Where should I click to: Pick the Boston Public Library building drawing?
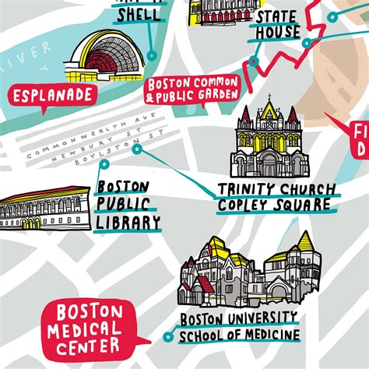(x=41, y=211)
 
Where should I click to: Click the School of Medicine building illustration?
(x=248, y=272)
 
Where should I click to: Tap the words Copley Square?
(x=277, y=206)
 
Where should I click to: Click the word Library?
(x=128, y=223)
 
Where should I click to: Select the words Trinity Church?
(x=277, y=189)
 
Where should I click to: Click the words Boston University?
(x=239, y=318)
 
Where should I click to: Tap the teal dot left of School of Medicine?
(x=167, y=337)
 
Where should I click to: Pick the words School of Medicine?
(x=239, y=336)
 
